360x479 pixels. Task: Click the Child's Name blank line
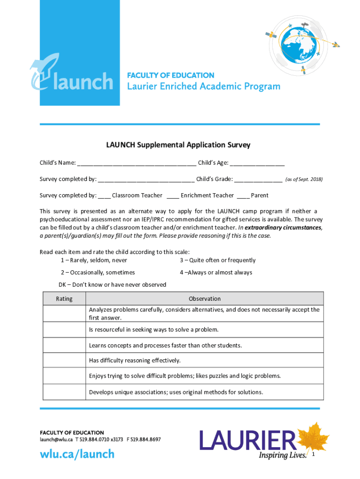tap(137, 164)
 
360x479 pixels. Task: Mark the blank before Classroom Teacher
tap(104, 196)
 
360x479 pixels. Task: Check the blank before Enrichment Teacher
tap(173, 196)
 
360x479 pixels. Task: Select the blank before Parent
tap(243, 196)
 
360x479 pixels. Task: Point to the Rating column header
tap(64, 298)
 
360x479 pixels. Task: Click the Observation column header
tap(204, 298)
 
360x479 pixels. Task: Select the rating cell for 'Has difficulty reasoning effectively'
tap(64, 360)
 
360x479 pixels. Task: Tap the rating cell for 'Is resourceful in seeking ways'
tap(64, 330)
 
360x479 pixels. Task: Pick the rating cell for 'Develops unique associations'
tap(64, 392)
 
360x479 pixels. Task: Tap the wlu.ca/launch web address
tap(77, 454)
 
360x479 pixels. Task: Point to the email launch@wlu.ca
tap(56, 440)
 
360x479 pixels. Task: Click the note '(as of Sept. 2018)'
tap(304, 180)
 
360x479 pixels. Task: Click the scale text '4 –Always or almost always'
tap(216, 272)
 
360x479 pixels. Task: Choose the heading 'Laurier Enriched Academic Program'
tap(204, 87)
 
